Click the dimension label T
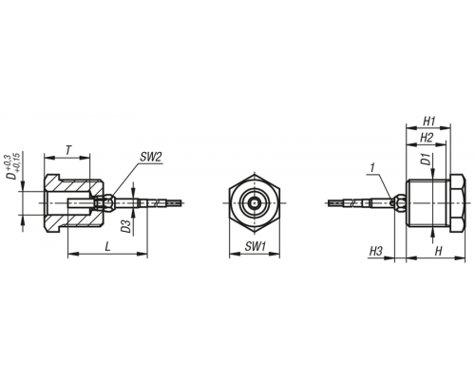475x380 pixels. (x=68, y=150)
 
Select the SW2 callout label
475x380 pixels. (x=151, y=157)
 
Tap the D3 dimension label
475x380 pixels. (x=126, y=226)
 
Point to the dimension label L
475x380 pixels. (x=108, y=246)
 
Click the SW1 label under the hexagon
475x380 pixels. (x=255, y=246)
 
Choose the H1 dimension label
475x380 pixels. (x=429, y=121)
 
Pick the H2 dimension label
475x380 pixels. (x=427, y=138)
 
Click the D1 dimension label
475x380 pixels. (x=426, y=160)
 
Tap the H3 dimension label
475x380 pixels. (x=376, y=252)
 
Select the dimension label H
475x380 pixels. (x=439, y=252)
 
